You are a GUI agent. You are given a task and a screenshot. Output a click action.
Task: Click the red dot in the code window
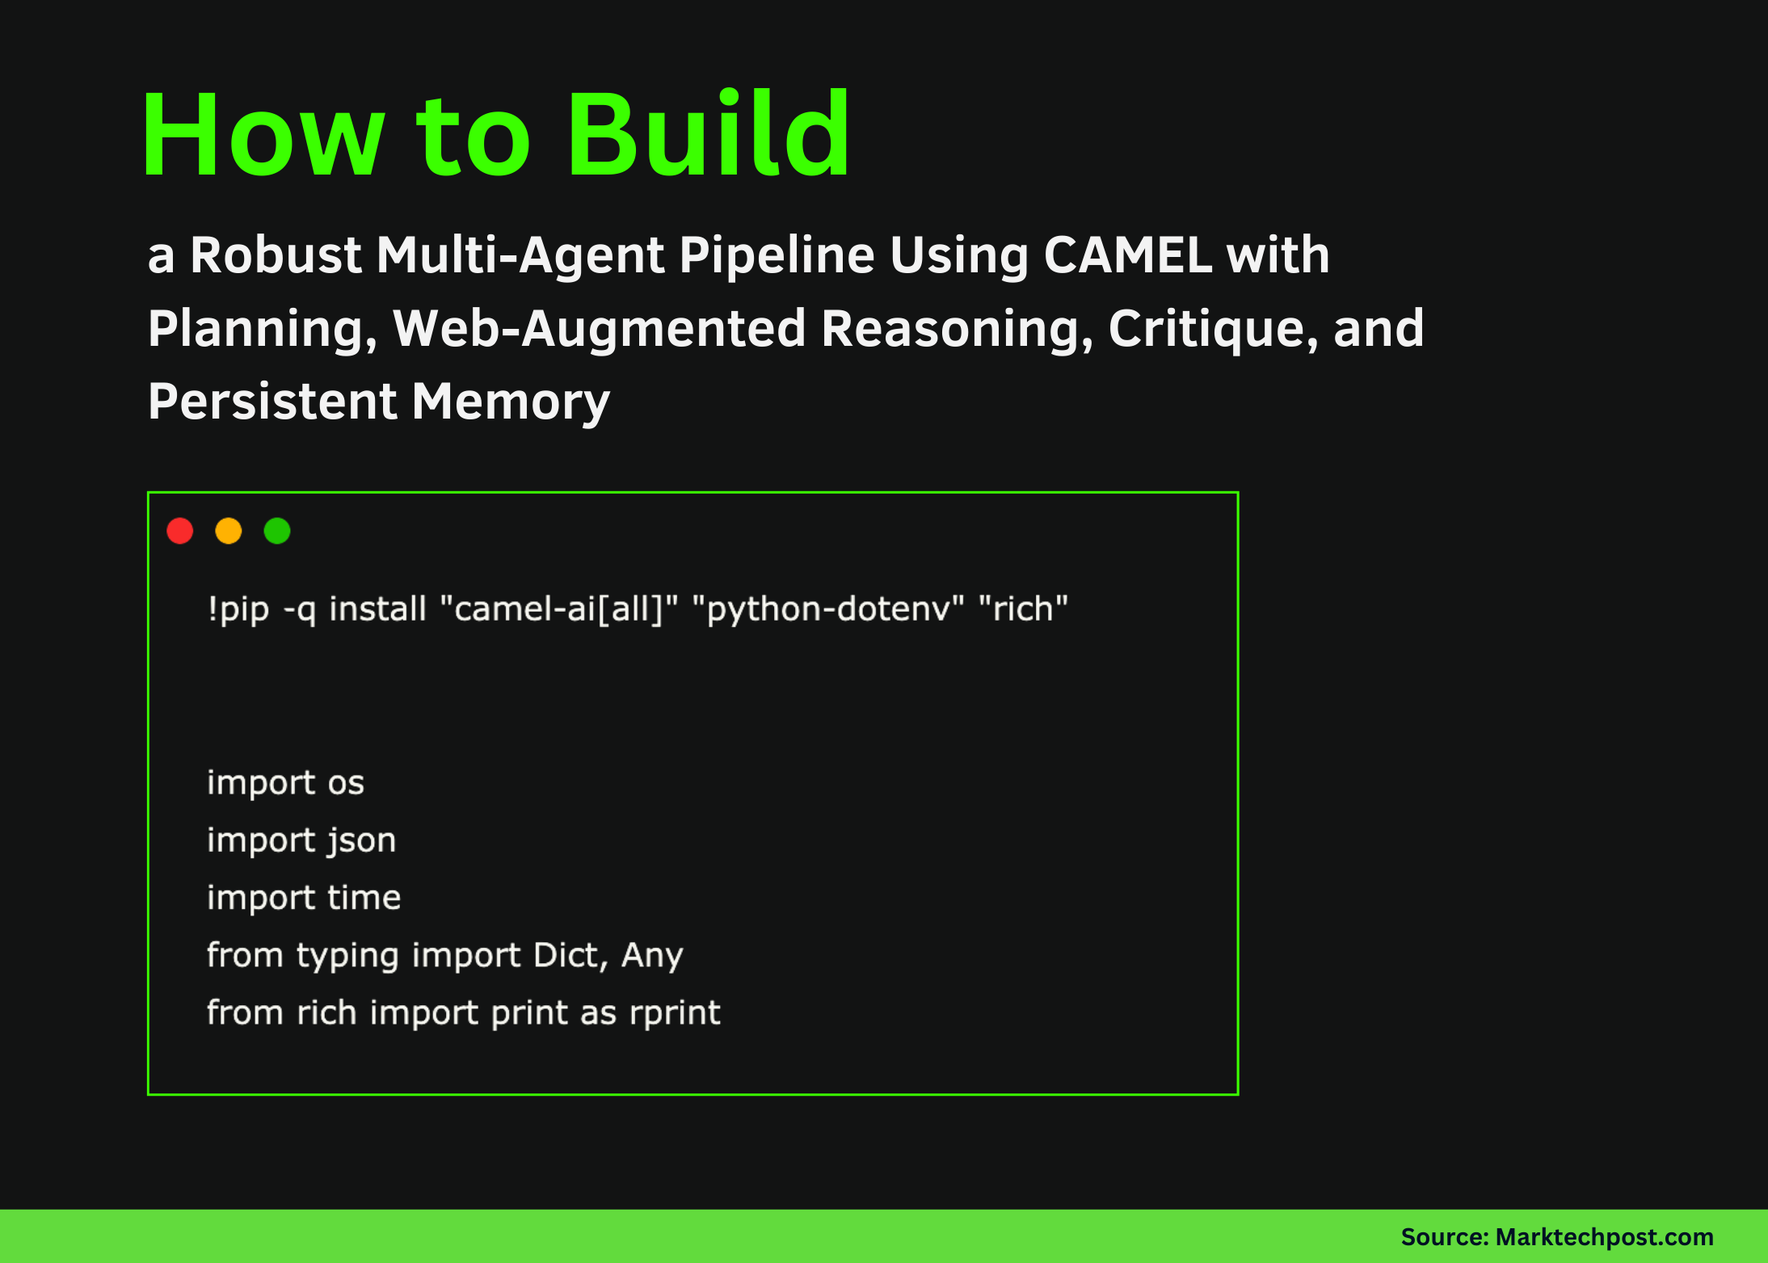[x=180, y=531]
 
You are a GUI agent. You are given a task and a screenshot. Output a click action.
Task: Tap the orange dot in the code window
[x=229, y=531]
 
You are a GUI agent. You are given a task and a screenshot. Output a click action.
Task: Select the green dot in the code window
[x=277, y=531]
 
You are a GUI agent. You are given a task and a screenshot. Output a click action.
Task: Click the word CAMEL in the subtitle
[x=1128, y=255]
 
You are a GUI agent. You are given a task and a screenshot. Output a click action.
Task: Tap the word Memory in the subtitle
[x=511, y=402]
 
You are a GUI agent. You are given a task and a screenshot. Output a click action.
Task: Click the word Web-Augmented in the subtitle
[x=599, y=329]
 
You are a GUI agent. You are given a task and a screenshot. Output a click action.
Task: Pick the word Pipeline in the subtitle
[x=777, y=255]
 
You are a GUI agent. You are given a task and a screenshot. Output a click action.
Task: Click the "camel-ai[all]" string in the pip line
[x=558, y=608]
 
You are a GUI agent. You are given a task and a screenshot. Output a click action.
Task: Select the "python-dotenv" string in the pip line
[x=828, y=608]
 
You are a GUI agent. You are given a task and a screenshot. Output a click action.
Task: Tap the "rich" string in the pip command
[x=1023, y=608]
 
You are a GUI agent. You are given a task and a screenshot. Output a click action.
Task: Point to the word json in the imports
[x=361, y=840]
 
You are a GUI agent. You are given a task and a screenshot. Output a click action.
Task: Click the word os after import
[x=346, y=783]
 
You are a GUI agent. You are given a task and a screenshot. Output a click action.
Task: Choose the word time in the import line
[x=364, y=898]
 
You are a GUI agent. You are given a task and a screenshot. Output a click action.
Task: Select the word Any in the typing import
[x=652, y=956]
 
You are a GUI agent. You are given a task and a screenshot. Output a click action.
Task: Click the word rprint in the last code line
[x=675, y=1013]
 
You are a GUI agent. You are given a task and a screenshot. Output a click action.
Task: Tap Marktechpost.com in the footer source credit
[x=1604, y=1237]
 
